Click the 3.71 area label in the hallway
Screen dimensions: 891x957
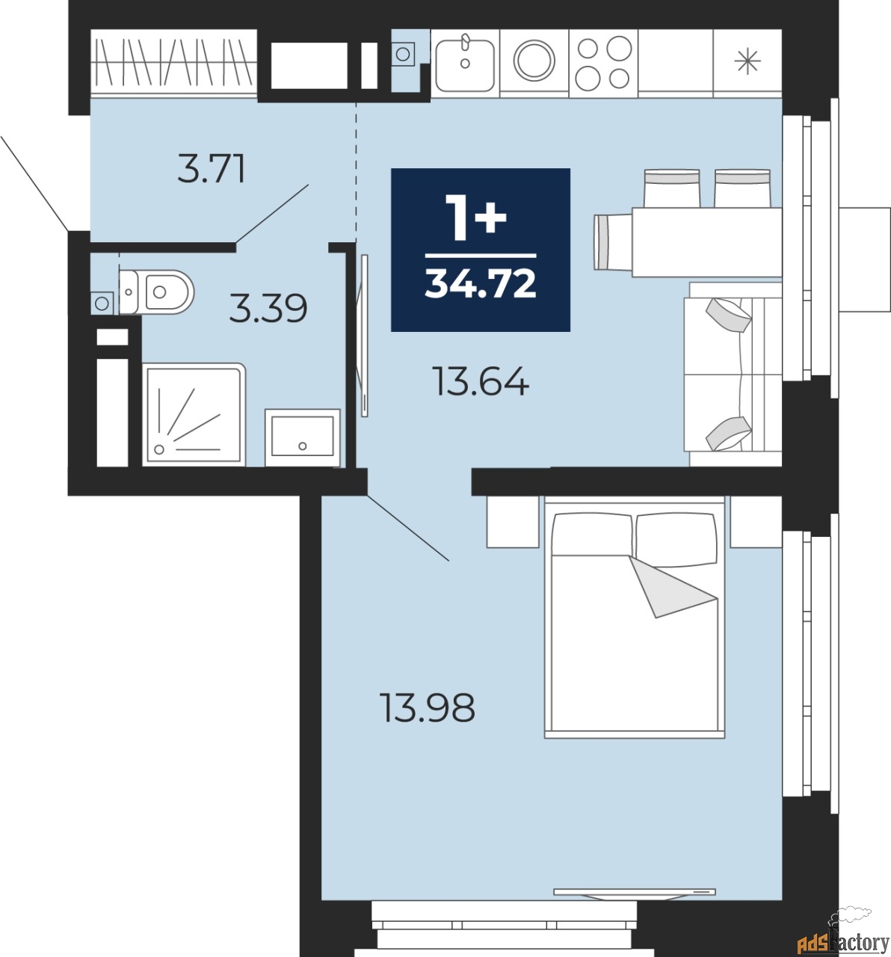pos(212,169)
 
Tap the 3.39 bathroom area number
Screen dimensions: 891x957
pos(268,308)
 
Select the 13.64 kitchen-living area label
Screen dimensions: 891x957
pos(482,381)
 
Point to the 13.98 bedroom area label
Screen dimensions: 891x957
pos(427,707)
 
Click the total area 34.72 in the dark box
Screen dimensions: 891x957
pos(481,284)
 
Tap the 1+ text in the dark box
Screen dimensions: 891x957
pos(475,217)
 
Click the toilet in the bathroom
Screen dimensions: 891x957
pos(156,292)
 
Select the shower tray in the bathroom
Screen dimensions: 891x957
pos(194,415)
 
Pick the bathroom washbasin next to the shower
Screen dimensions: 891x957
pos(303,437)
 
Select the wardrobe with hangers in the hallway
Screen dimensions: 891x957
pos(174,63)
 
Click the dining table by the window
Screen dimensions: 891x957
pos(707,242)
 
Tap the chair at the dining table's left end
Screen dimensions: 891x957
pos(613,242)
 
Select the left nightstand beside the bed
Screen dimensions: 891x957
pos(513,522)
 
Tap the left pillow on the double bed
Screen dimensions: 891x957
pos(592,534)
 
